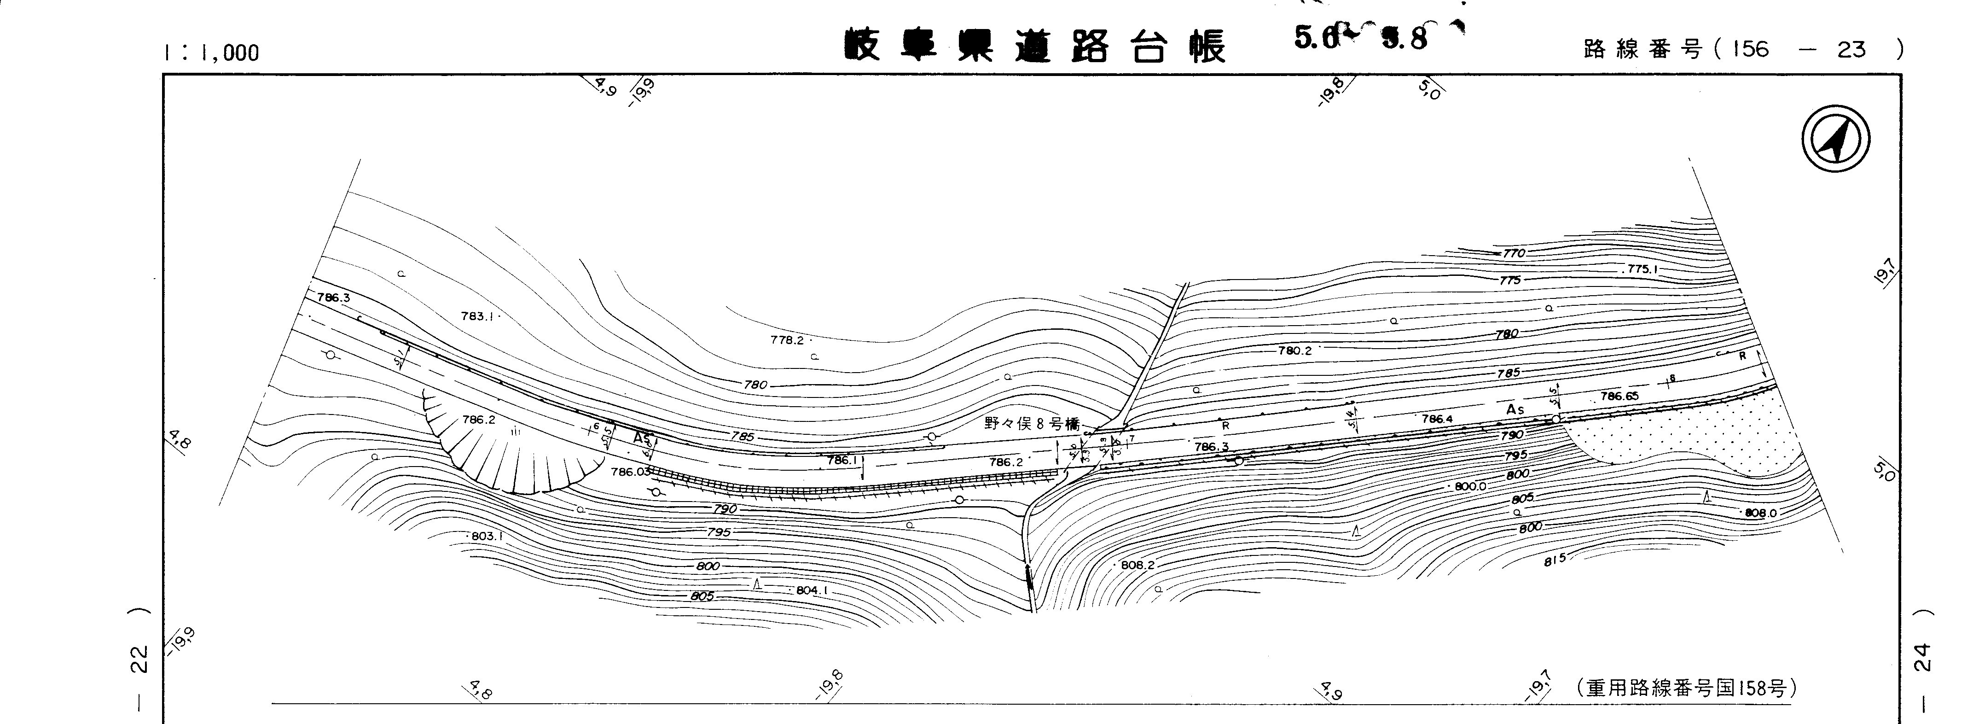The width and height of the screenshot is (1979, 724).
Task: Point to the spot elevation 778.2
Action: tap(787, 340)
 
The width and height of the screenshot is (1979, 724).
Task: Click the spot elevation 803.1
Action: tap(486, 536)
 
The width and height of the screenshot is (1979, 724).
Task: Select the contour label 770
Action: tap(1514, 253)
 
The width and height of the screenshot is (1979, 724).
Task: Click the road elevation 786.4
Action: tap(1437, 419)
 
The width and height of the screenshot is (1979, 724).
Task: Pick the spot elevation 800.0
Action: tap(1470, 486)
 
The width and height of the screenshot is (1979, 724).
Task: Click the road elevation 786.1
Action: tap(842, 461)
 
